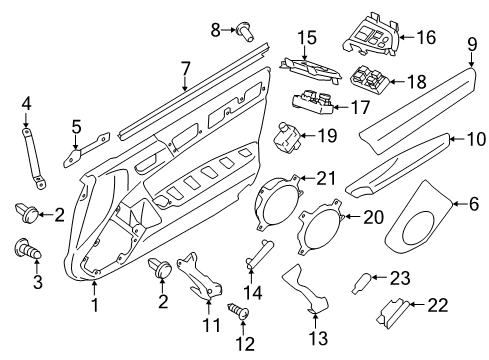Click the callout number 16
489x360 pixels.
point(426,37)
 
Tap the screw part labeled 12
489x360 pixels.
point(239,311)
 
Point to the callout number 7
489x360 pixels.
point(185,69)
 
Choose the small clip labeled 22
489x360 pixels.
point(392,313)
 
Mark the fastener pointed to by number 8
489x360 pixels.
point(245,32)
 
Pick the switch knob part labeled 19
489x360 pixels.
point(286,136)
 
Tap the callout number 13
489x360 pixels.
point(319,337)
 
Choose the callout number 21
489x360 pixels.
point(326,178)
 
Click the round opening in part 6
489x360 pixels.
point(419,230)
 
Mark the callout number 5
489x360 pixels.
point(76,127)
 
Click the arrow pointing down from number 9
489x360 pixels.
point(471,59)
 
